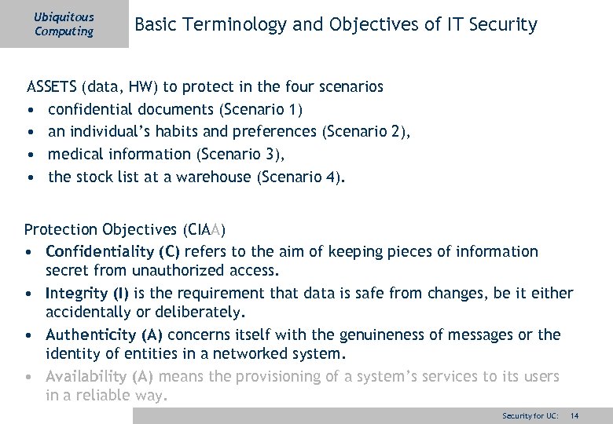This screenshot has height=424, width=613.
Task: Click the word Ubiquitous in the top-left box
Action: (64, 16)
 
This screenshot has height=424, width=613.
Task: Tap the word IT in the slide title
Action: (455, 25)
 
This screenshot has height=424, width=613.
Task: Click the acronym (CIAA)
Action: (204, 230)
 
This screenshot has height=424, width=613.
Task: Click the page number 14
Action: (574, 415)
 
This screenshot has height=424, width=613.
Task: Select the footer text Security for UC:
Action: (530, 415)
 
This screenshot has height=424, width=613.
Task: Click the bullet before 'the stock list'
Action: (30, 177)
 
